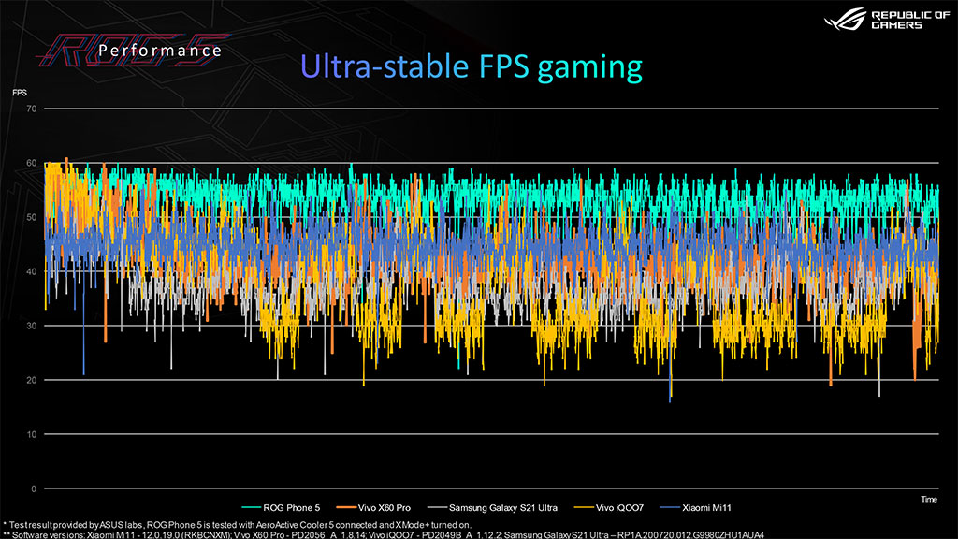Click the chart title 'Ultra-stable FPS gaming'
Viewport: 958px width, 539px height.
click(x=472, y=66)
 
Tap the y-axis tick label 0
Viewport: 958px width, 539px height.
click(x=34, y=489)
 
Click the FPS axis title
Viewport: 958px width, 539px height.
click(x=20, y=93)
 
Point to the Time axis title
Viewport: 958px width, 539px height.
click(x=928, y=501)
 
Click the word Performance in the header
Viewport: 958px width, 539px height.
click(x=160, y=50)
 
